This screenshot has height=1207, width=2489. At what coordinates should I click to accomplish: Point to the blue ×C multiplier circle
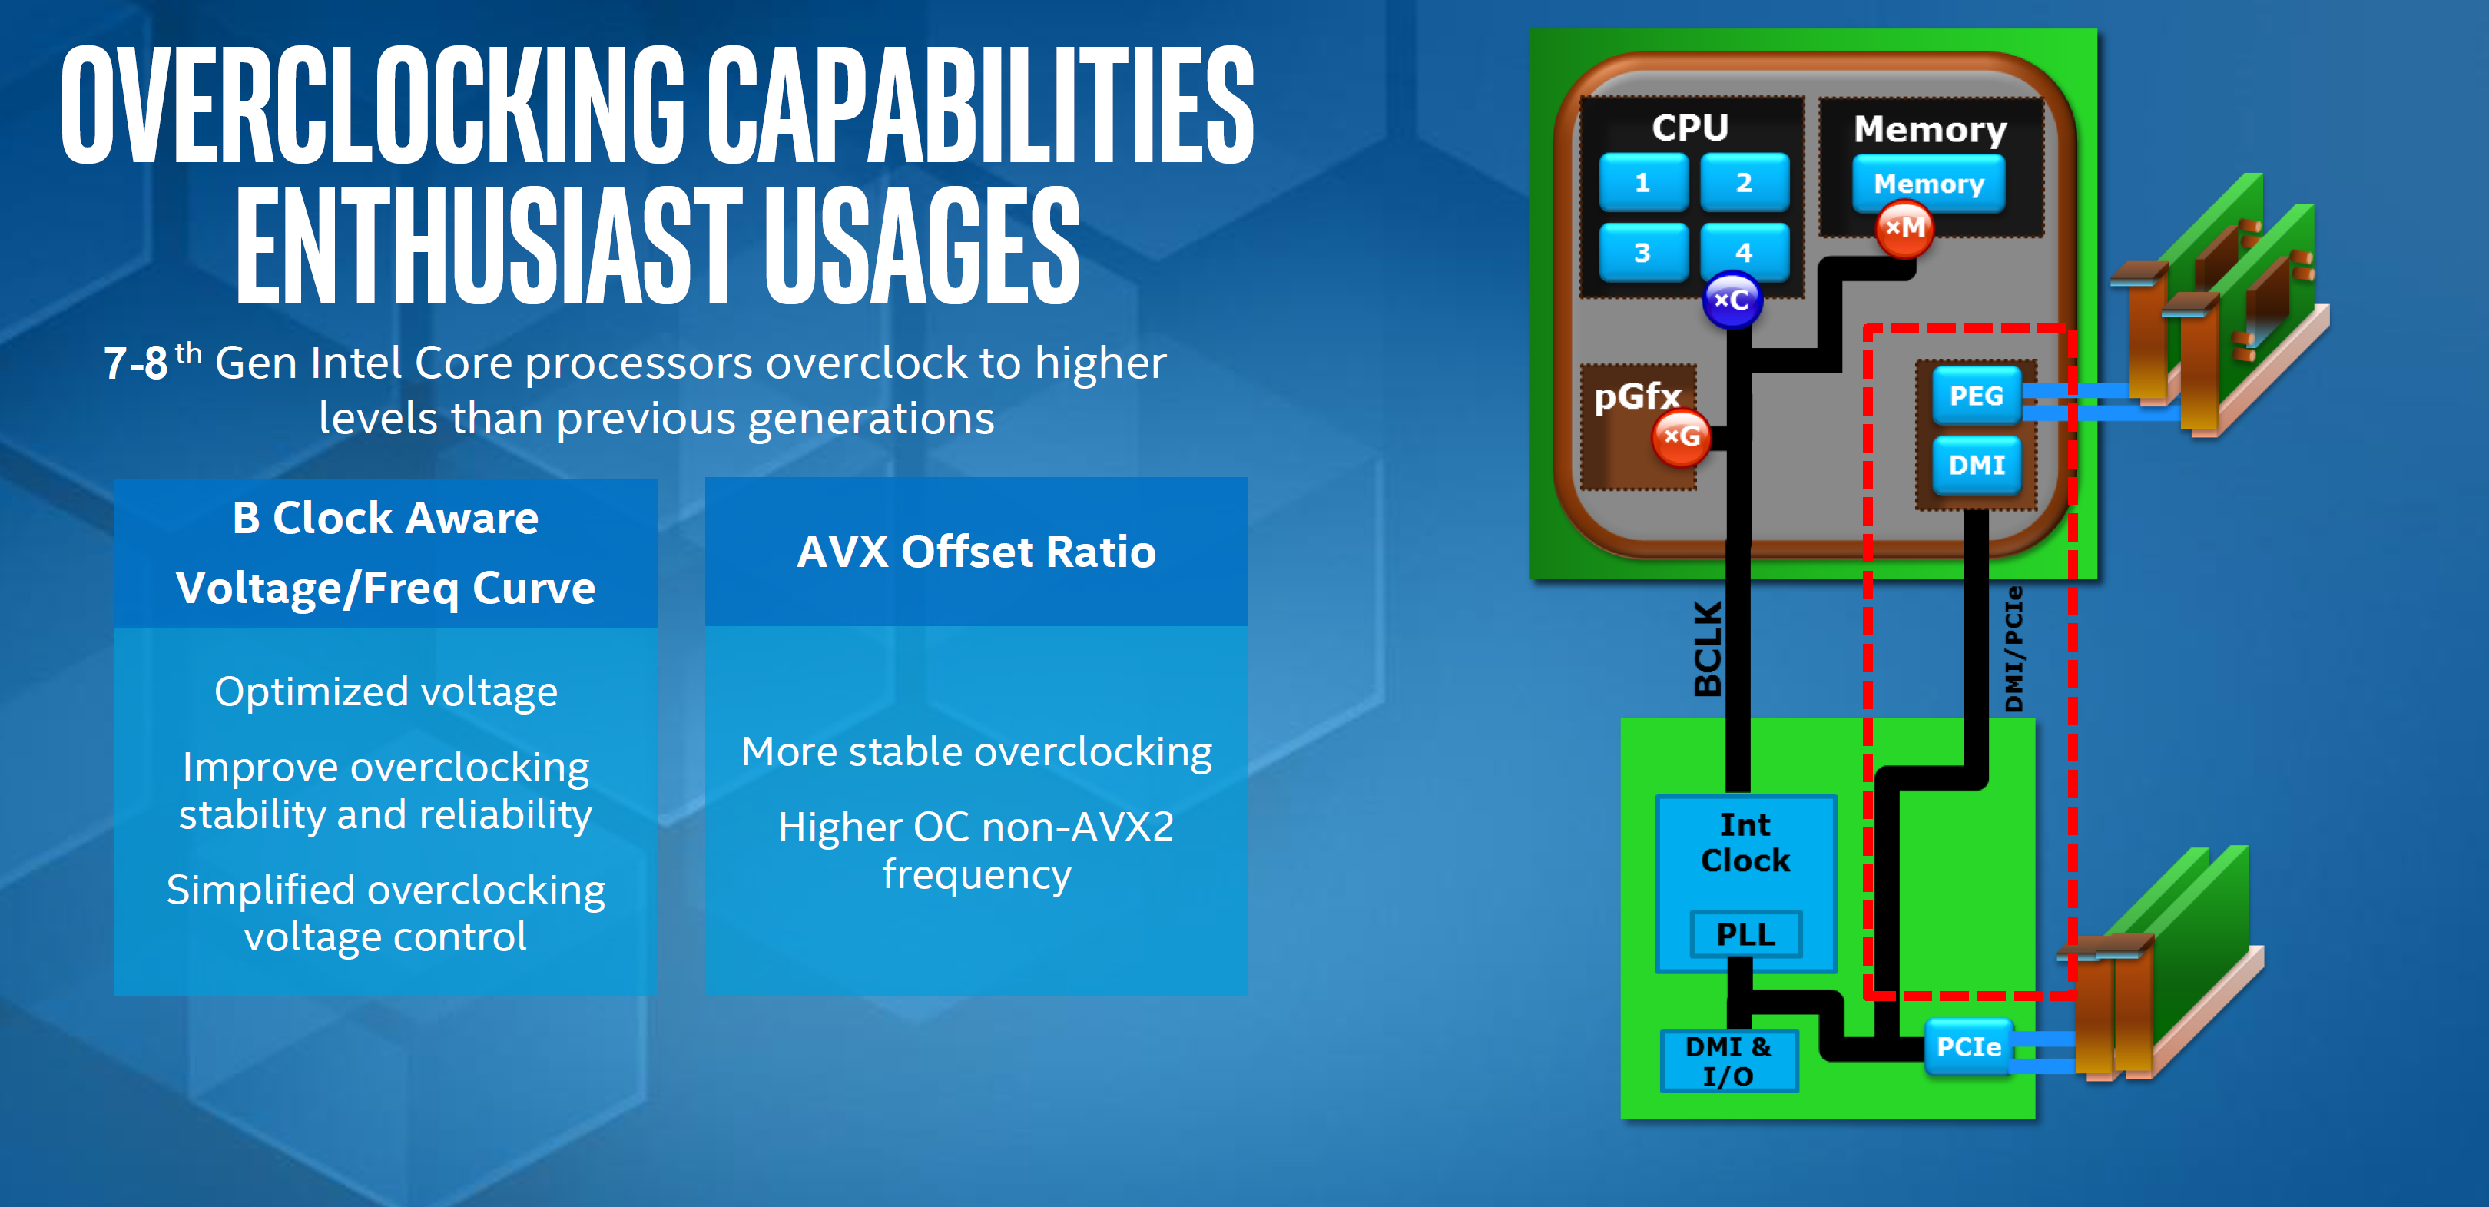click(1732, 300)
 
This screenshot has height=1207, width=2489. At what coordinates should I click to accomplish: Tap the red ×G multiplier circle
click(1682, 437)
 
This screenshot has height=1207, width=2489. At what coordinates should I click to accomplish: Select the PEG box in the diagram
click(1977, 395)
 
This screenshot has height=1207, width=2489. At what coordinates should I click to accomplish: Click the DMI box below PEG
click(1977, 466)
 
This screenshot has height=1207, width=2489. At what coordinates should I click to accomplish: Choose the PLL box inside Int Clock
click(1746, 934)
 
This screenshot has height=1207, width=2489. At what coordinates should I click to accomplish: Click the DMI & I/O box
click(1728, 1061)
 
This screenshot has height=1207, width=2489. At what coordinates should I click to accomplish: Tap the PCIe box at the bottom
click(1968, 1047)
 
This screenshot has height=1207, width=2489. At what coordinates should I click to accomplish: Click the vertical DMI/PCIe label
click(2013, 648)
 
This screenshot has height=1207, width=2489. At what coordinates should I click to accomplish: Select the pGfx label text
click(1638, 397)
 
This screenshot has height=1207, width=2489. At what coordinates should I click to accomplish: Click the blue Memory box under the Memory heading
click(1928, 184)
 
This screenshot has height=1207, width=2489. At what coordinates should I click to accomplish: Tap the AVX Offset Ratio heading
click(976, 552)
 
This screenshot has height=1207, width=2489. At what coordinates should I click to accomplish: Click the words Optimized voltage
click(386, 692)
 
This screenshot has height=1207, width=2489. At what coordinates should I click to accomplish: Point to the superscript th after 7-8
click(188, 353)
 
